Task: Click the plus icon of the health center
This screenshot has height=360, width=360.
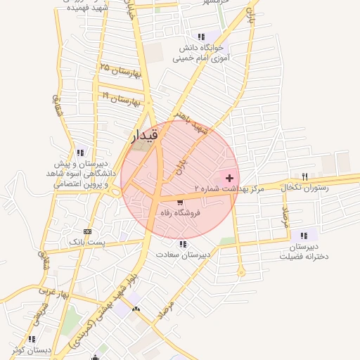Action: click(229, 179)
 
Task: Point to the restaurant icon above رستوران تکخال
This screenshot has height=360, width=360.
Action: click(304, 176)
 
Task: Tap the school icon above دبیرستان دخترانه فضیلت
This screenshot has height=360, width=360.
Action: click(303, 236)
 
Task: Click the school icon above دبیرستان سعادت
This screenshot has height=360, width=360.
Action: click(183, 244)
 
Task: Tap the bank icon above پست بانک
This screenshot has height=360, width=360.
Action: click(86, 231)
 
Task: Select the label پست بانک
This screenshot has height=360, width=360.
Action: click(86, 242)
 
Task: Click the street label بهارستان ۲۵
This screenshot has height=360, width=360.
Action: click(121, 70)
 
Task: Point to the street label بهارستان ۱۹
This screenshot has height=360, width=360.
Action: click(122, 99)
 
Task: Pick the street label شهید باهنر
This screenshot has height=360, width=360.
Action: click(193, 120)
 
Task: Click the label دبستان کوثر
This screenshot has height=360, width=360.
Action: click(28, 349)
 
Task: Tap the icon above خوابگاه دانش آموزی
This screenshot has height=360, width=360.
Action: click(202, 37)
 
